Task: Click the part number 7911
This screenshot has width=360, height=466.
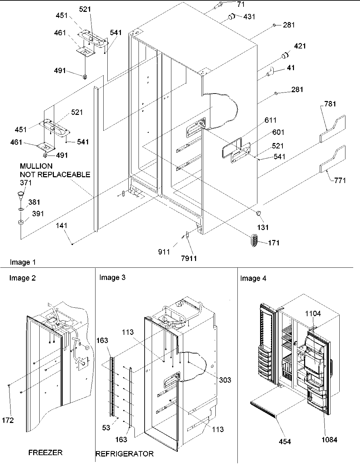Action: [x=188, y=259]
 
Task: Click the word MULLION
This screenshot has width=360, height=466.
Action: [x=36, y=166]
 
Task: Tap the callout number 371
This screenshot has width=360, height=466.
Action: [x=26, y=183]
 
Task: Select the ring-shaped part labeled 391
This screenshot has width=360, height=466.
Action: [x=21, y=223]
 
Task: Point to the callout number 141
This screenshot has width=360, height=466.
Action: [x=62, y=226]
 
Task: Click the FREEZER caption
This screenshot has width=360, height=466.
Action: [x=45, y=452]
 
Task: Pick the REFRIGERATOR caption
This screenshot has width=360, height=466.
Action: [x=124, y=454]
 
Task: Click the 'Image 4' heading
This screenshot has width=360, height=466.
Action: [x=253, y=279]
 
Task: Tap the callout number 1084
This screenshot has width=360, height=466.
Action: [x=329, y=440]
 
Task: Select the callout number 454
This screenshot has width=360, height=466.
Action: [x=284, y=441]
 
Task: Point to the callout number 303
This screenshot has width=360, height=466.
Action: [x=225, y=380]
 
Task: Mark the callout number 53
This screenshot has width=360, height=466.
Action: [x=106, y=428]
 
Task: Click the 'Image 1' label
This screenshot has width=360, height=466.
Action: [x=23, y=262]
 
